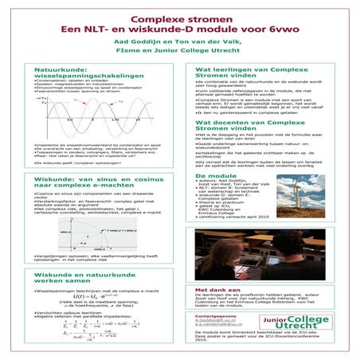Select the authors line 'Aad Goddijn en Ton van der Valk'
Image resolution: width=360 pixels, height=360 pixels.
tap(179, 45)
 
